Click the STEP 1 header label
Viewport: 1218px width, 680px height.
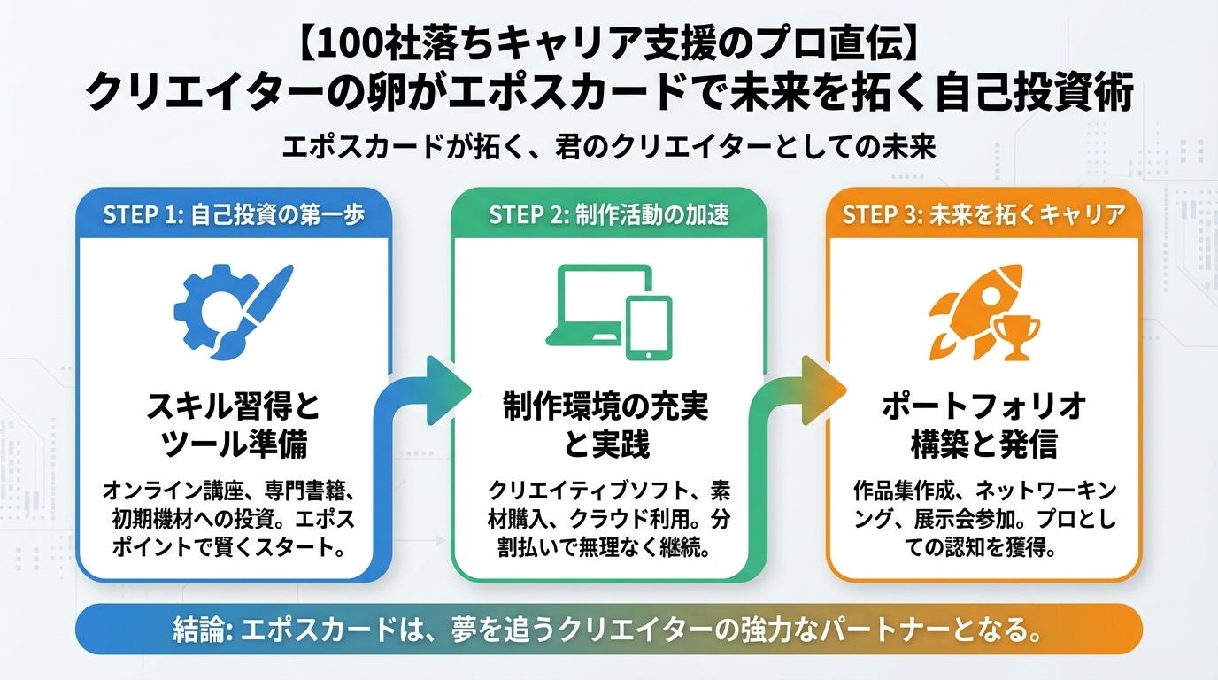[x=234, y=215]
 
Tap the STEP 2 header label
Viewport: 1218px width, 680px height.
[x=608, y=215]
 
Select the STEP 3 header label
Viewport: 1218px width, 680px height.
[x=983, y=215]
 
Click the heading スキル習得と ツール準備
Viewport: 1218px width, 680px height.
[x=234, y=426]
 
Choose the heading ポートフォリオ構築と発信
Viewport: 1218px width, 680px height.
[x=983, y=426]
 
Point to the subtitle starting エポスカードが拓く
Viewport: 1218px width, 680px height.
[x=608, y=146]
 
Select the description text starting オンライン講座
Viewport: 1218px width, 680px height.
[x=234, y=519]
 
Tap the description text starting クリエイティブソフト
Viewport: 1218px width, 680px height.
[x=608, y=519]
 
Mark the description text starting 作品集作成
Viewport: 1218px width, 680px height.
[x=983, y=519]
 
